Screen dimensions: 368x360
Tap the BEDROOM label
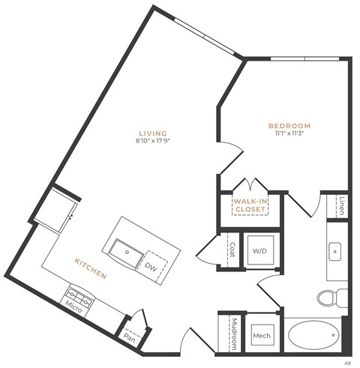[289, 126]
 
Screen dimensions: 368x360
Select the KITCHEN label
[90, 268]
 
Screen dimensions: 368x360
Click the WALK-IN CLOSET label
[250, 205]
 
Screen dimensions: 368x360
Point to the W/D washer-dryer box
[260, 250]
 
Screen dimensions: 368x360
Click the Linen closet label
[342, 205]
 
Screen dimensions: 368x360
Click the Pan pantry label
[130, 335]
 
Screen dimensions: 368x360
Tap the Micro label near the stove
[73, 306]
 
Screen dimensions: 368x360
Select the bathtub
[314, 334]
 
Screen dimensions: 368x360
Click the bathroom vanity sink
[336, 250]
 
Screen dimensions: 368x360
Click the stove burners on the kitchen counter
[80, 296]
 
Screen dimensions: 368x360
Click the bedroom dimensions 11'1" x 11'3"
[289, 135]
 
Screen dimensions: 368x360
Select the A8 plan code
[348, 362]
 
